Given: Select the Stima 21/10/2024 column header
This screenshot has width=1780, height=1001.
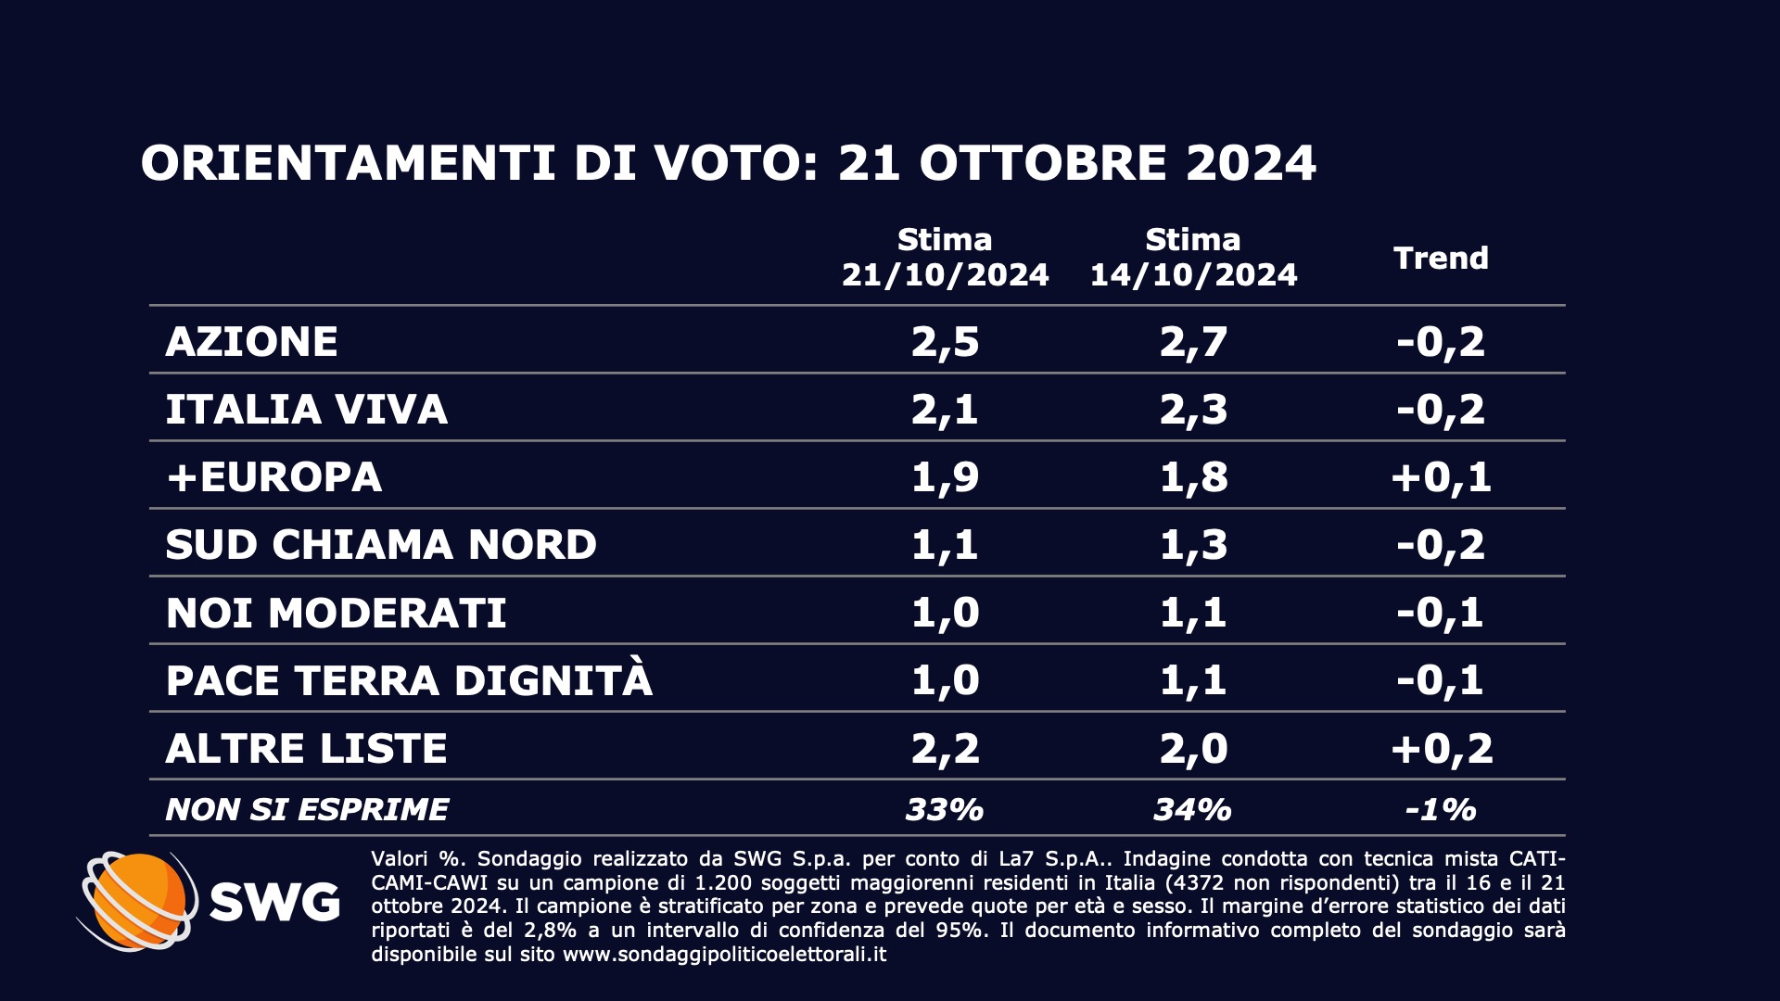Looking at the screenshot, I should click(x=945, y=258).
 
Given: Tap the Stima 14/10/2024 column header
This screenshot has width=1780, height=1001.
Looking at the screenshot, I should click(x=1193, y=258).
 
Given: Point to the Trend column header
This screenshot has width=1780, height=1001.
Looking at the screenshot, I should click(x=1441, y=258).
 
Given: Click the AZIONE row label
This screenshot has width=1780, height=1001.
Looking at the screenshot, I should click(x=251, y=342).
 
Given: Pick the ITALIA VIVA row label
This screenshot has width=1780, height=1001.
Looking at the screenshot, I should click(x=306, y=410).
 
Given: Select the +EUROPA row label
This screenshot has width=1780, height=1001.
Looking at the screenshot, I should click(x=273, y=477).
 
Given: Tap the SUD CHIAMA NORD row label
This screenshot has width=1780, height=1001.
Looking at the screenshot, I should click(x=380, y=545).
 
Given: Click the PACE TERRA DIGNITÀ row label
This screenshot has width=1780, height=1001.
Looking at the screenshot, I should click(x=409, y=680).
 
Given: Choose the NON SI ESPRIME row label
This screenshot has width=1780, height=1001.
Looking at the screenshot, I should click(x=307, y=810).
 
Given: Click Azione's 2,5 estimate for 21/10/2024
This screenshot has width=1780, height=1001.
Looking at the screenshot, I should click(x=945, y=342).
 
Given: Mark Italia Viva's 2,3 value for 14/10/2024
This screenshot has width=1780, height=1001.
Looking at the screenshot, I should click(x=1193, y=410).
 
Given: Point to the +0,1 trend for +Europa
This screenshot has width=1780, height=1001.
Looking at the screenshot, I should click(x=1441, y=477).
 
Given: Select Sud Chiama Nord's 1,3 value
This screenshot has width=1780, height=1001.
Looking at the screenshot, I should click(x=1193, y=545).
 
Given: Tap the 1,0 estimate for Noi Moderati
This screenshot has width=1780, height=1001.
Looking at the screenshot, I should click(x=945, y=613).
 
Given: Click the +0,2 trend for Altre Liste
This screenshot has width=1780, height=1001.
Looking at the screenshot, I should click(x=1441, y=748).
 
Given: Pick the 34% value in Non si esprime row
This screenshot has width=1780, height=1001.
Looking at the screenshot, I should click(x=1193, y=810).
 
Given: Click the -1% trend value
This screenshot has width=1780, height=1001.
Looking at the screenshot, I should click(x=1441, y=810).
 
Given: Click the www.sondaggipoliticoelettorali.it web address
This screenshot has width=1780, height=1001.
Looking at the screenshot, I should click(x=724, y=955).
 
